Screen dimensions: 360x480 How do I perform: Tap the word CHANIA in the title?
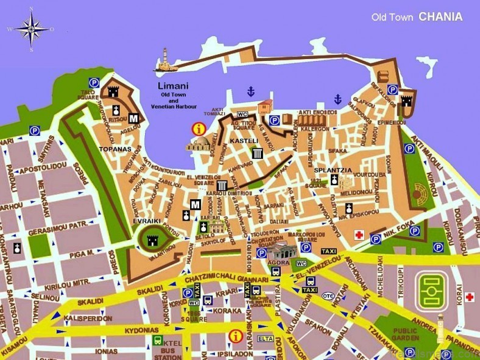[440, 17]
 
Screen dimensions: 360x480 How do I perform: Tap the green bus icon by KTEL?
[158, 340]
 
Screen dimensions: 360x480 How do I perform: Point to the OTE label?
[328, 296]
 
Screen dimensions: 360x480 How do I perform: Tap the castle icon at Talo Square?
[113, 91]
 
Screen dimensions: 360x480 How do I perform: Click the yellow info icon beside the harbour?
[198, 129]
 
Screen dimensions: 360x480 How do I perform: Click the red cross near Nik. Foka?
[360, 235]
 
